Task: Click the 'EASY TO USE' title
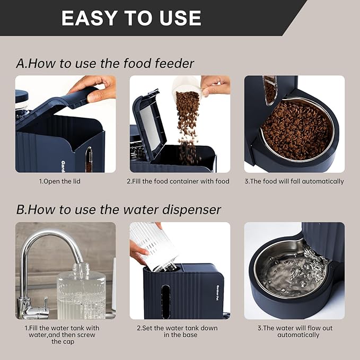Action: (x=131, y=18)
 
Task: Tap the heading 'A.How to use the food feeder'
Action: (x=105, y=64)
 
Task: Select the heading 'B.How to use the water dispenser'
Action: (x=118, y=209)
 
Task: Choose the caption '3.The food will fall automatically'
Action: (x=294, y=181)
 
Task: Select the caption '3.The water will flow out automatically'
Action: (x=294, y=331)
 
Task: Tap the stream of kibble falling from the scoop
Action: (x=186, y=125)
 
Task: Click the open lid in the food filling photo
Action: (x=145, y=127)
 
